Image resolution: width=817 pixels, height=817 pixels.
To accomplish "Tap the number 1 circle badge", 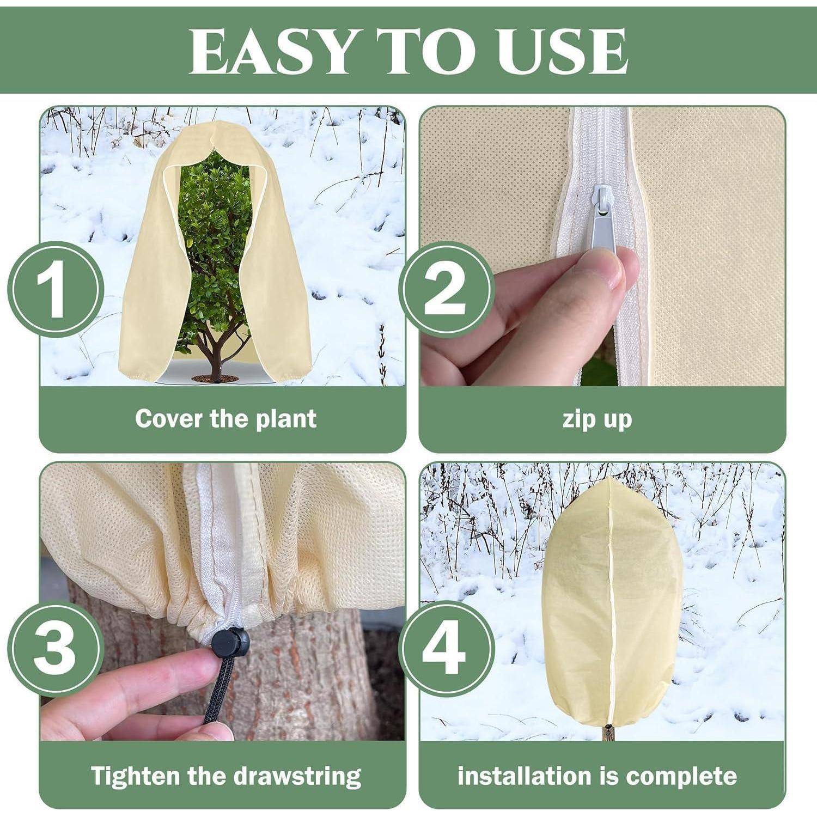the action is coord(56,289).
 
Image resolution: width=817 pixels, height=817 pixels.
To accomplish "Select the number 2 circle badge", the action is coord(446,289).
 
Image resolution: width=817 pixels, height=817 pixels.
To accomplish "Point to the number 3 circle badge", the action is coord(56,648).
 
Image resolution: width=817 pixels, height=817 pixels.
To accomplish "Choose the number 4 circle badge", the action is coord(446,648).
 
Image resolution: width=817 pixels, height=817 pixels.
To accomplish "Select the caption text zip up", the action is coord(596,419).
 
